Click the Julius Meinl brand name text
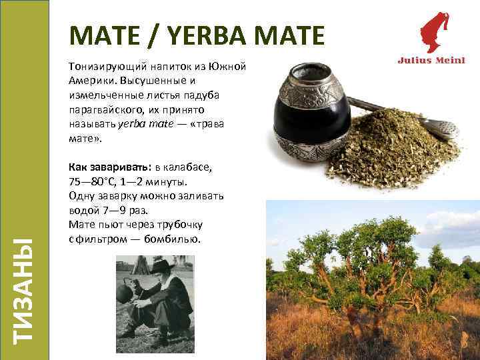click(431, 60)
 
